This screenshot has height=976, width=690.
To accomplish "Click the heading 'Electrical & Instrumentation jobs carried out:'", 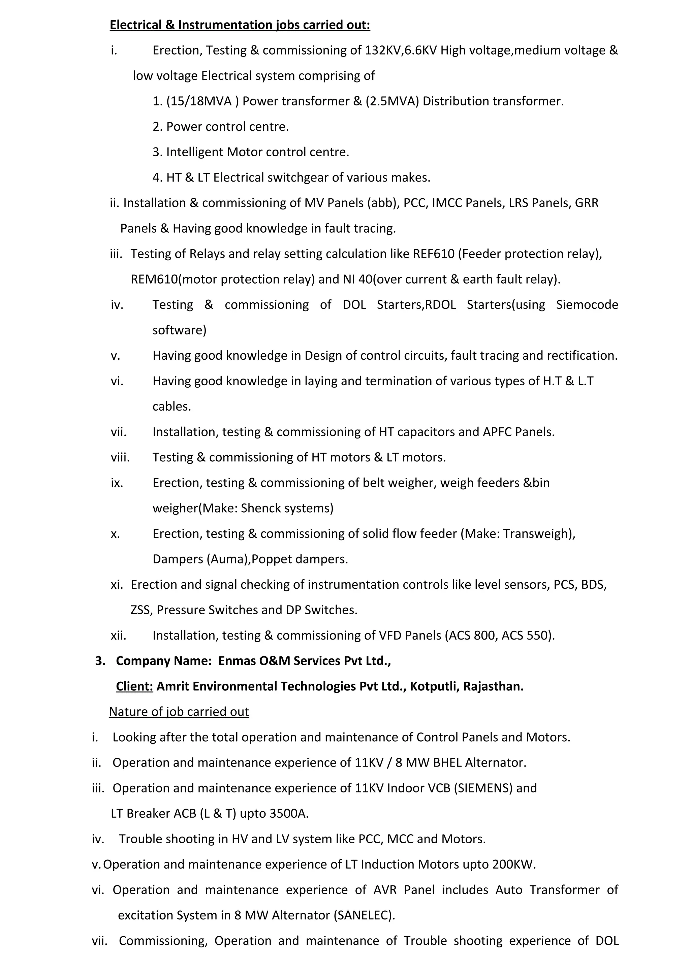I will (x=240, y=25).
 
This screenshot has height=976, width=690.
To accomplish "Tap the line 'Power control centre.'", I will (x=227, y=127).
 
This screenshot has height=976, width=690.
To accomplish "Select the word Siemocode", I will (x=587, y=305).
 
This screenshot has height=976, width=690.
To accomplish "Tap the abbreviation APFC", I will (x=497, y=432).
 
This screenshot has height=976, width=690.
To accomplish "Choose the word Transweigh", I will (x=537, y=533).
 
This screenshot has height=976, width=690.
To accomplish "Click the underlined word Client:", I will (x=134, y=686).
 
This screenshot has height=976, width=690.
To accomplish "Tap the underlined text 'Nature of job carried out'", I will (x=179, y=712).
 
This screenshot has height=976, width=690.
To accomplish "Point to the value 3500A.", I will (x=288, y=813).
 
